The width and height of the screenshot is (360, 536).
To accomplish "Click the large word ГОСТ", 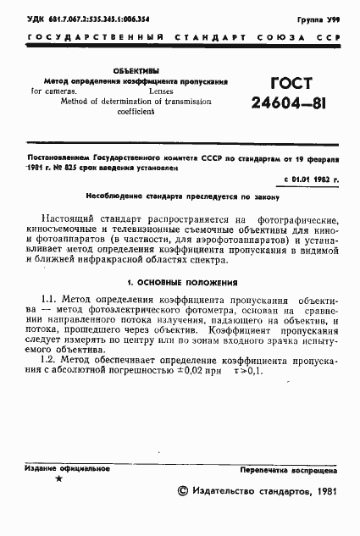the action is [x=290, y=84].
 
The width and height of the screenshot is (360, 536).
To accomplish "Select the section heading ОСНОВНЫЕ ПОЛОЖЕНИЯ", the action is [x=186, y=281].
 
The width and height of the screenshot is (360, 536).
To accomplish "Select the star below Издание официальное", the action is [x=58, y=479].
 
